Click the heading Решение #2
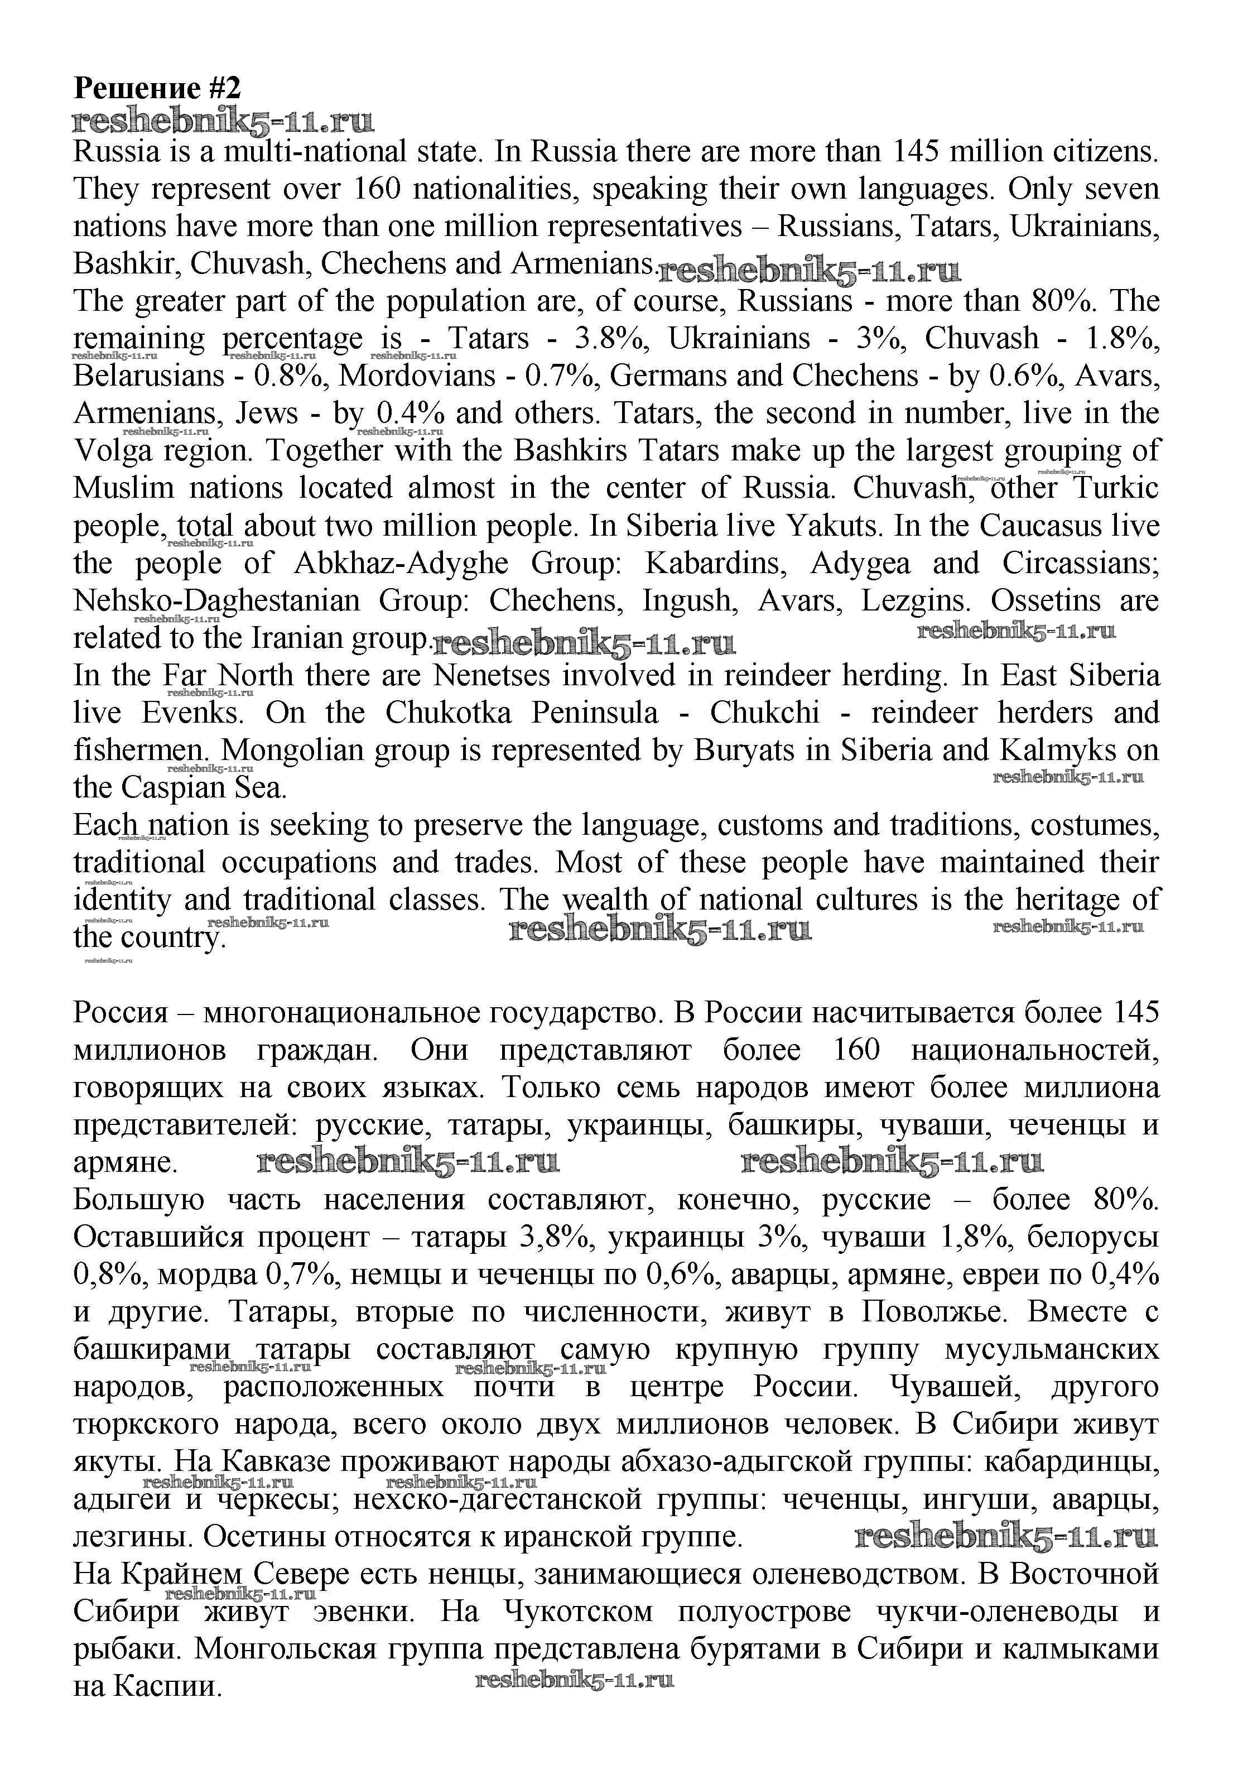157,88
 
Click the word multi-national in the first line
314,151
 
